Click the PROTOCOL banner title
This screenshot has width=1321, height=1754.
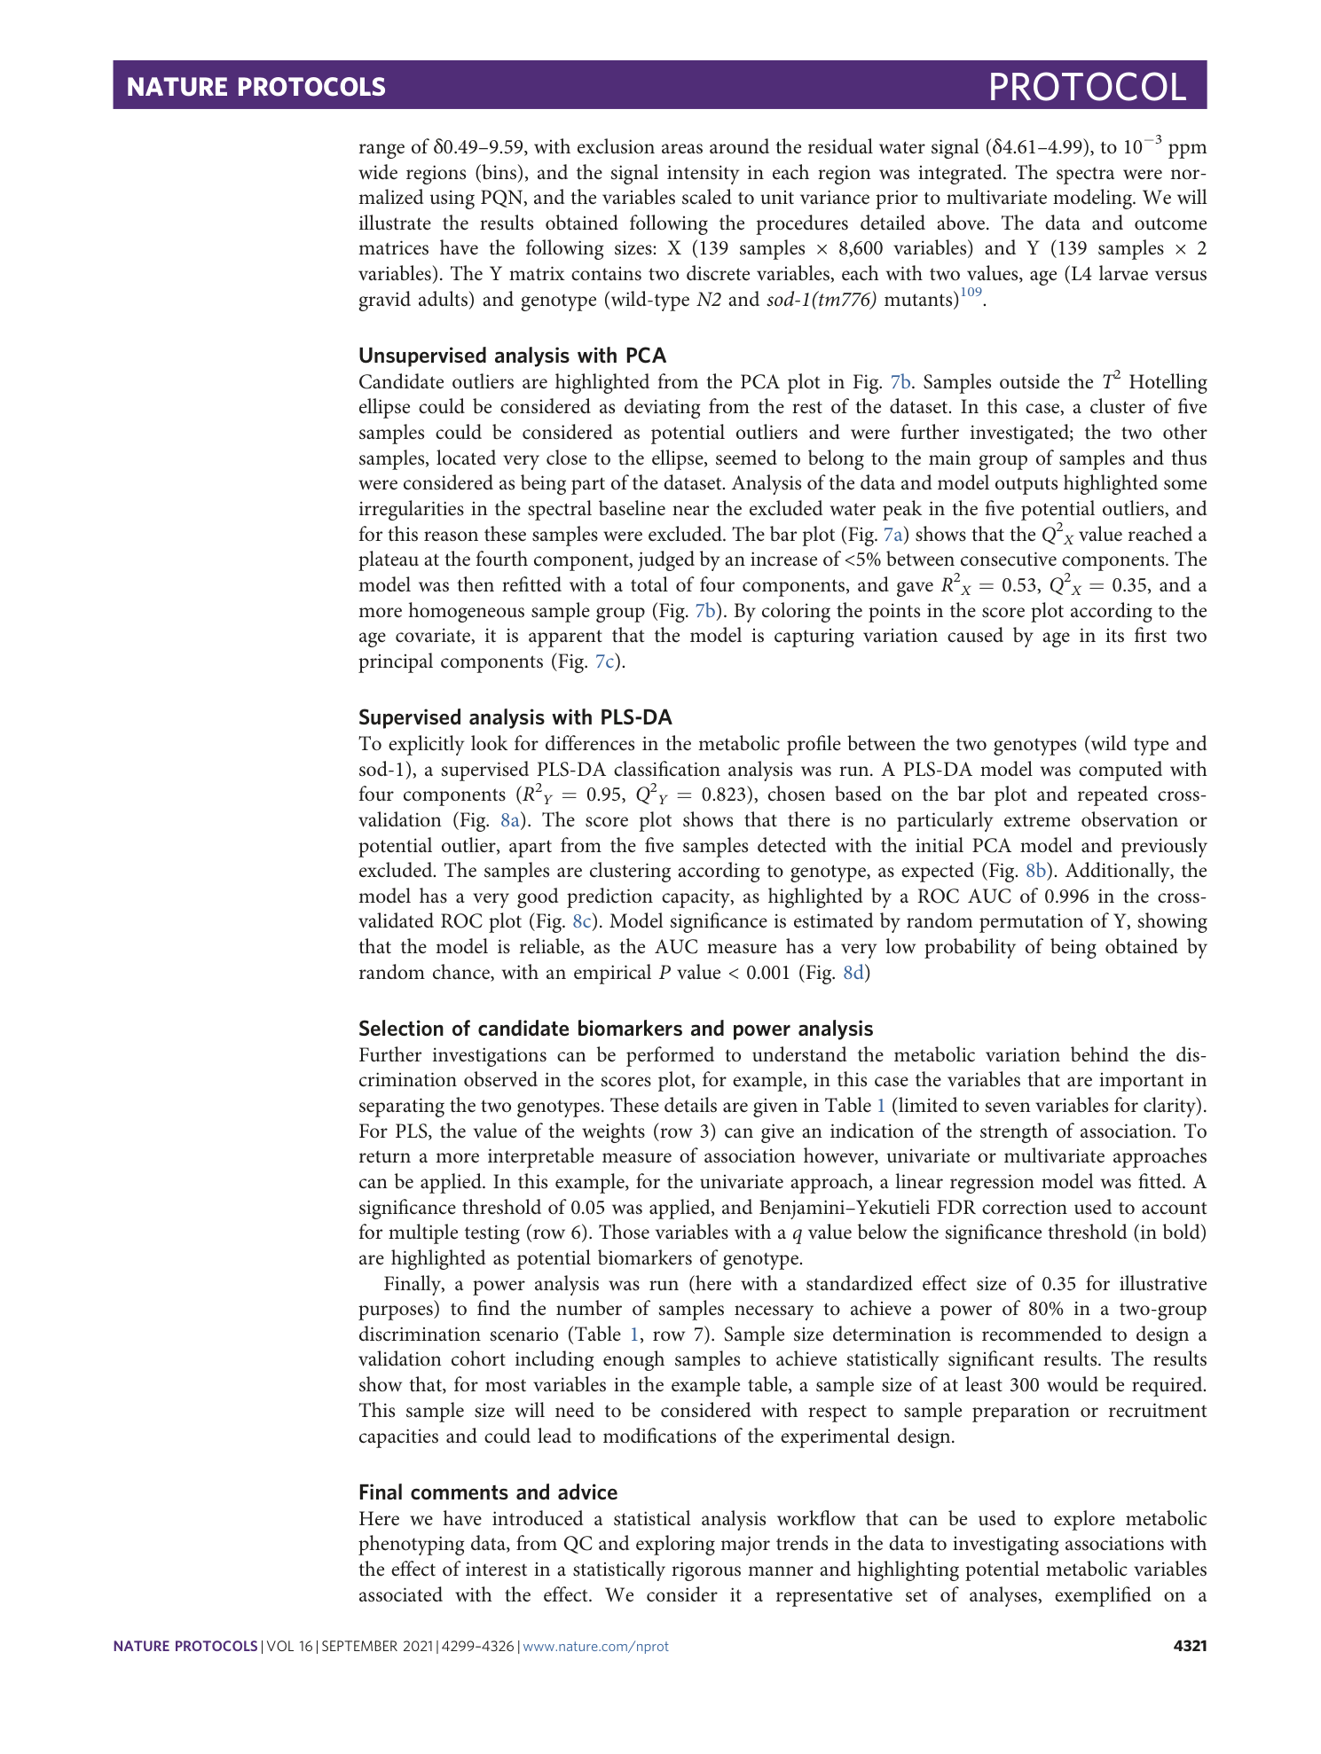point(1087,87)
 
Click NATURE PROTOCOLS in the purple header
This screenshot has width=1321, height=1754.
point(256,87)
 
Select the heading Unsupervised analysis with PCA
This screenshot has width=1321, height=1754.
point(512,356)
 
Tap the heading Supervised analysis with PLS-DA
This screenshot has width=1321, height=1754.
point(515,717)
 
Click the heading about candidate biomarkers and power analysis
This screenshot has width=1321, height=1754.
point(616,1029)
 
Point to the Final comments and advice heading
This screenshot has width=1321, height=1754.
point(488,1492)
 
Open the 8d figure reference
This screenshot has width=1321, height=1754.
point(853,973)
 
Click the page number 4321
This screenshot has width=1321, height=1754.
point(1190,1646)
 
